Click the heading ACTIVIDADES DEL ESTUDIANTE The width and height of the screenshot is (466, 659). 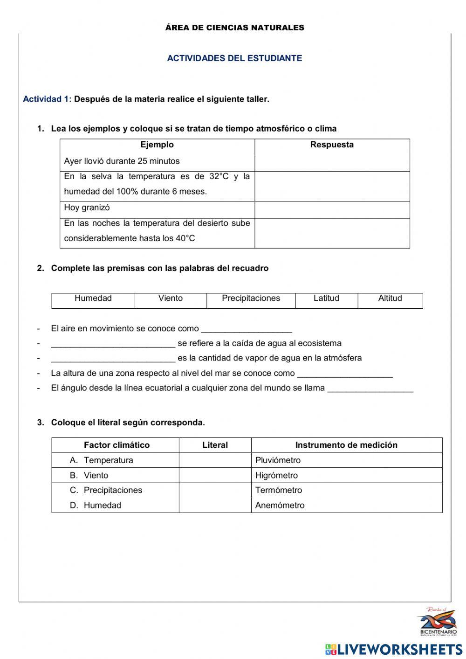[x=234, y=58]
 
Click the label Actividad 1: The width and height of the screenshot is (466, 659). [x=47, y=99]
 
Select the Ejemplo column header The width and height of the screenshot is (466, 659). [x=157, y=145]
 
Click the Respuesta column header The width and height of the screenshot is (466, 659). [x=332, y=145]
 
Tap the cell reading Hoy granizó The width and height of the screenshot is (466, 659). [x=87, y=208]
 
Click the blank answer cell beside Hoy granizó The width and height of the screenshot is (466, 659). [x=332, y=210]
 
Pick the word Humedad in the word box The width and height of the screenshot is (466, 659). [x=93, y=298]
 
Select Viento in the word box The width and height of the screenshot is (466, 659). [x=171, y=298]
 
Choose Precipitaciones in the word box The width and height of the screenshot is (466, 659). [x=251, y=298]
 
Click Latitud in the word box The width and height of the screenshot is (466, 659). [x=326, y=298]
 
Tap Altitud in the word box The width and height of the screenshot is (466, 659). [x=390, y=298]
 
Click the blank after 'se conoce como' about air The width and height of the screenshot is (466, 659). [x=246, y=329]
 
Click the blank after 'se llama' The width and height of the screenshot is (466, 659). [x=370, y=388]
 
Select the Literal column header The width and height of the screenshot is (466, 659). [x=215, y=445]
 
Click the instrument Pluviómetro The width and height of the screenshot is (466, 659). [x=278, y=460]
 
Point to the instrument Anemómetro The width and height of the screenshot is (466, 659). [x=280, y=505]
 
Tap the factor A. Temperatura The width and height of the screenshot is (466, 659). [x=102, y=460]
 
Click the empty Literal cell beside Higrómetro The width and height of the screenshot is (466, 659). [x=215, y=475]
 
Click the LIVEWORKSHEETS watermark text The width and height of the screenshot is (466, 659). [x=399, y=649]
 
